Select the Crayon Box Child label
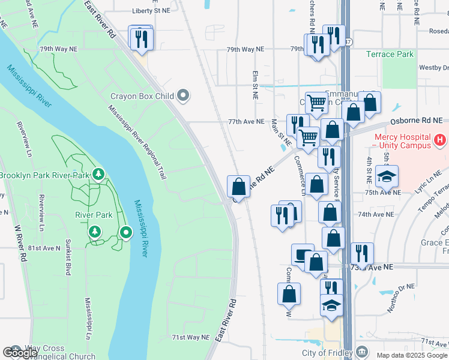coord(142,96)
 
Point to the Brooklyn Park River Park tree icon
coord(98,175)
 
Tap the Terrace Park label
coord(390,55)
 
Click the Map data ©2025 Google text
coord(411,355)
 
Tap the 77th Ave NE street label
coord(246,121)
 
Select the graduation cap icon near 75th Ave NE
coord(387,176)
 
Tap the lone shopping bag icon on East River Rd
coord(239,186)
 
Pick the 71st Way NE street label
coord(190,337)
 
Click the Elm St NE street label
coord(255,84)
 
